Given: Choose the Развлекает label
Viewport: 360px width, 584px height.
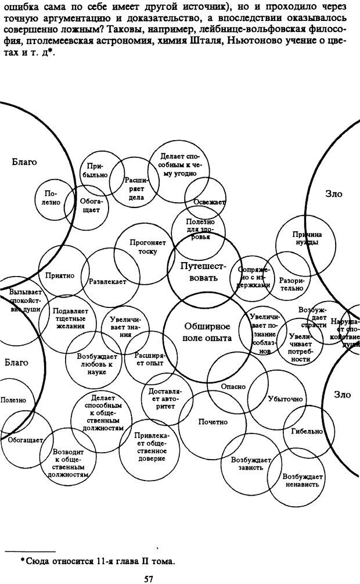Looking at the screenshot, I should [x=108, y=282].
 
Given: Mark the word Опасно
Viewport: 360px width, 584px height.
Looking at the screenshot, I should [x=233, y=386].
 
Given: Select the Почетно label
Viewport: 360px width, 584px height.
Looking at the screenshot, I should [x=213, y=421].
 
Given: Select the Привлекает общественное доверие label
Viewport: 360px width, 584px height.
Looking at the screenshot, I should [x=149, y=447].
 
